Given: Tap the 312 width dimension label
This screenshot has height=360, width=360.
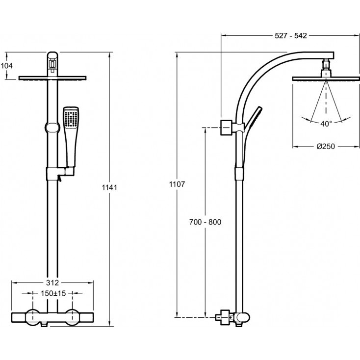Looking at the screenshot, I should pyautogui.click(x=52, y=283).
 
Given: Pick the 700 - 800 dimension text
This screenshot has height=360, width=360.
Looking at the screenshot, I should pyautogui.click(x=206, y=222).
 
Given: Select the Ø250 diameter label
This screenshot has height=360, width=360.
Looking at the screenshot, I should pyautogui.click(x=325, y=146).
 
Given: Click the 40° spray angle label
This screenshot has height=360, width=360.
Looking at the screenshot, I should pyautogui.click(x=326, y=124).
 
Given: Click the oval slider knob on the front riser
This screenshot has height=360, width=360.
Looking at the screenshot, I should pyautogui.click(x=52, y=128).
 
